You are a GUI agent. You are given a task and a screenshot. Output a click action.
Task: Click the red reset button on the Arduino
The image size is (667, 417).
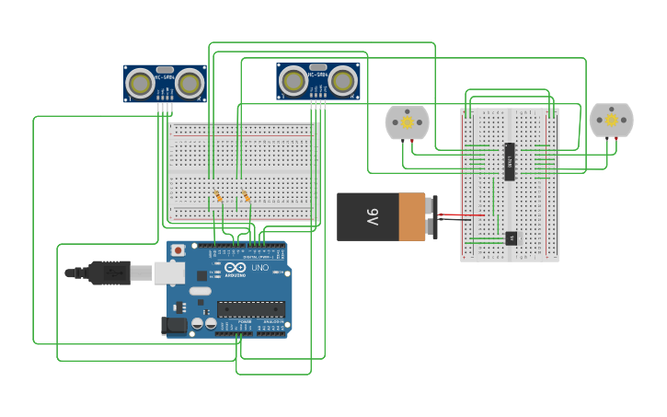177,249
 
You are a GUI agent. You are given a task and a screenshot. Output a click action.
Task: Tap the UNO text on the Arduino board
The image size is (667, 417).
259,268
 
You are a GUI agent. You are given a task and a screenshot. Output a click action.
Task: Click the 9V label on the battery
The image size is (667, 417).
373,217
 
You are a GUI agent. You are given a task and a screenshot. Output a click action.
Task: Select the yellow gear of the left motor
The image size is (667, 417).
407,122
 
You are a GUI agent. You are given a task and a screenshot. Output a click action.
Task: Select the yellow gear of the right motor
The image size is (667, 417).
612,120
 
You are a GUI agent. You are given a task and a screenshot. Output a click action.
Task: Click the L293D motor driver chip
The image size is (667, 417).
509,161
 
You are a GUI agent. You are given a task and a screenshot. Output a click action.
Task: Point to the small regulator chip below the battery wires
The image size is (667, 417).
512,238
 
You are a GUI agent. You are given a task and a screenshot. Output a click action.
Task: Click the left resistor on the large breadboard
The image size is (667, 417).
219,197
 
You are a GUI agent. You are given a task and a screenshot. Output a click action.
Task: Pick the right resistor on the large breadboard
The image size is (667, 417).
247,197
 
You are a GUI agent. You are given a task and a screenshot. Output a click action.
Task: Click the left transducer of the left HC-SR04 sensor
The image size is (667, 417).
141,85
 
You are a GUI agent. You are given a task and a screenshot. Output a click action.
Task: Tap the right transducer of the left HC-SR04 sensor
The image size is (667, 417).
190,85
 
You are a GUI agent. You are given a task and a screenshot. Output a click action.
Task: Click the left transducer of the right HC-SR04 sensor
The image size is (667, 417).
293,81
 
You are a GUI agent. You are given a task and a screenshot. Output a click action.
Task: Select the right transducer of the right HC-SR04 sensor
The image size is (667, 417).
343,81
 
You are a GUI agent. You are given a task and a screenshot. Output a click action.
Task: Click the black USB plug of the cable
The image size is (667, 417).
109,272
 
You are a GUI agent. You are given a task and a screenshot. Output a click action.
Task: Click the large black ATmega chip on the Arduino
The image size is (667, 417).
251,309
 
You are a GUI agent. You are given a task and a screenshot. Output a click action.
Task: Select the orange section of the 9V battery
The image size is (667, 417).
411,217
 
